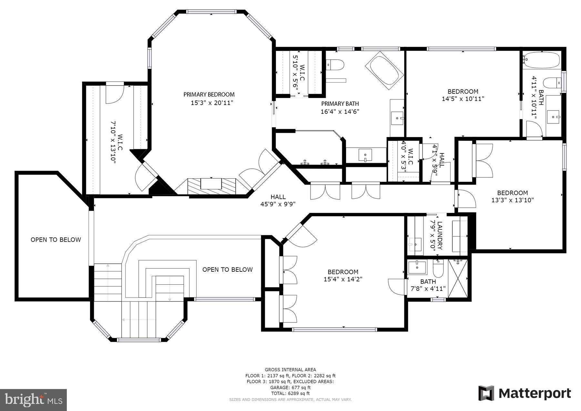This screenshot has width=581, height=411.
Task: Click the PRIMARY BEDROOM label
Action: point(209,94)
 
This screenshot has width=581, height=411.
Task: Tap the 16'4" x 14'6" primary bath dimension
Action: point(340,112)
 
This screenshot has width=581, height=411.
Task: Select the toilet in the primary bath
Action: point(336,65)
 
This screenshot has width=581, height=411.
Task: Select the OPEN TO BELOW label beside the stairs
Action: point(227,269)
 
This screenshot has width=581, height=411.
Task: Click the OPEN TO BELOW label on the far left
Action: point(56,240)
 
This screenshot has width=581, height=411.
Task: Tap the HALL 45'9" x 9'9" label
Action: point(278,200)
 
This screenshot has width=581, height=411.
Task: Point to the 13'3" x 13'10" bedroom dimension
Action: point(512,200)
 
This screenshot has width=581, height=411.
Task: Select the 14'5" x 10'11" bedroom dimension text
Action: point(463,99)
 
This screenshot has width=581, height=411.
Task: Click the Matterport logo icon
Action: point(486,393)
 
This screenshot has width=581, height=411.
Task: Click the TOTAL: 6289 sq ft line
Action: point(290,393)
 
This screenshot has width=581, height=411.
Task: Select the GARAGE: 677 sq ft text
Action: point(290,387)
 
